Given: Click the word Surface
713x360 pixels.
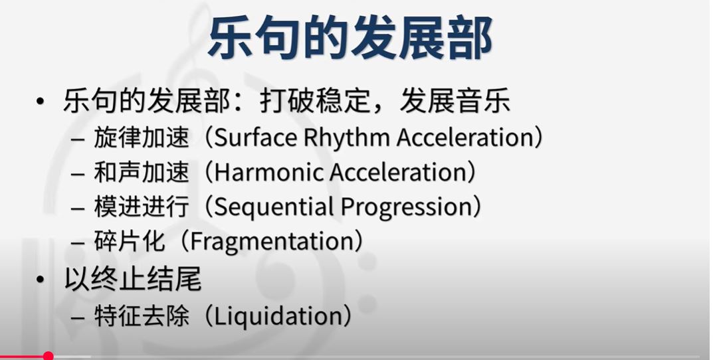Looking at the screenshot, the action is tap(255, 137).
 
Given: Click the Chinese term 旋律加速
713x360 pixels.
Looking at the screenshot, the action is tap(141, 137).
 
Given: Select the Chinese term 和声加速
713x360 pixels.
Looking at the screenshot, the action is tap(141, 172).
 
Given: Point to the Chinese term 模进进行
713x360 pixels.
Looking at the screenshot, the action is tap(141, 207).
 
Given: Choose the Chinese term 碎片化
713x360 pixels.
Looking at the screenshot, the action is tap(129, 241).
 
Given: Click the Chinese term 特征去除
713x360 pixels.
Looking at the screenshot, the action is tap(141, 316).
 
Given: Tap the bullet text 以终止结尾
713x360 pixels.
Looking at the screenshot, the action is tap(132, 279).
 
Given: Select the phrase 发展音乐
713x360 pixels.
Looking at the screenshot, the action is tap(455, 102).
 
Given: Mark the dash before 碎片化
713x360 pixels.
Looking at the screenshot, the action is tap(78, 243).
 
